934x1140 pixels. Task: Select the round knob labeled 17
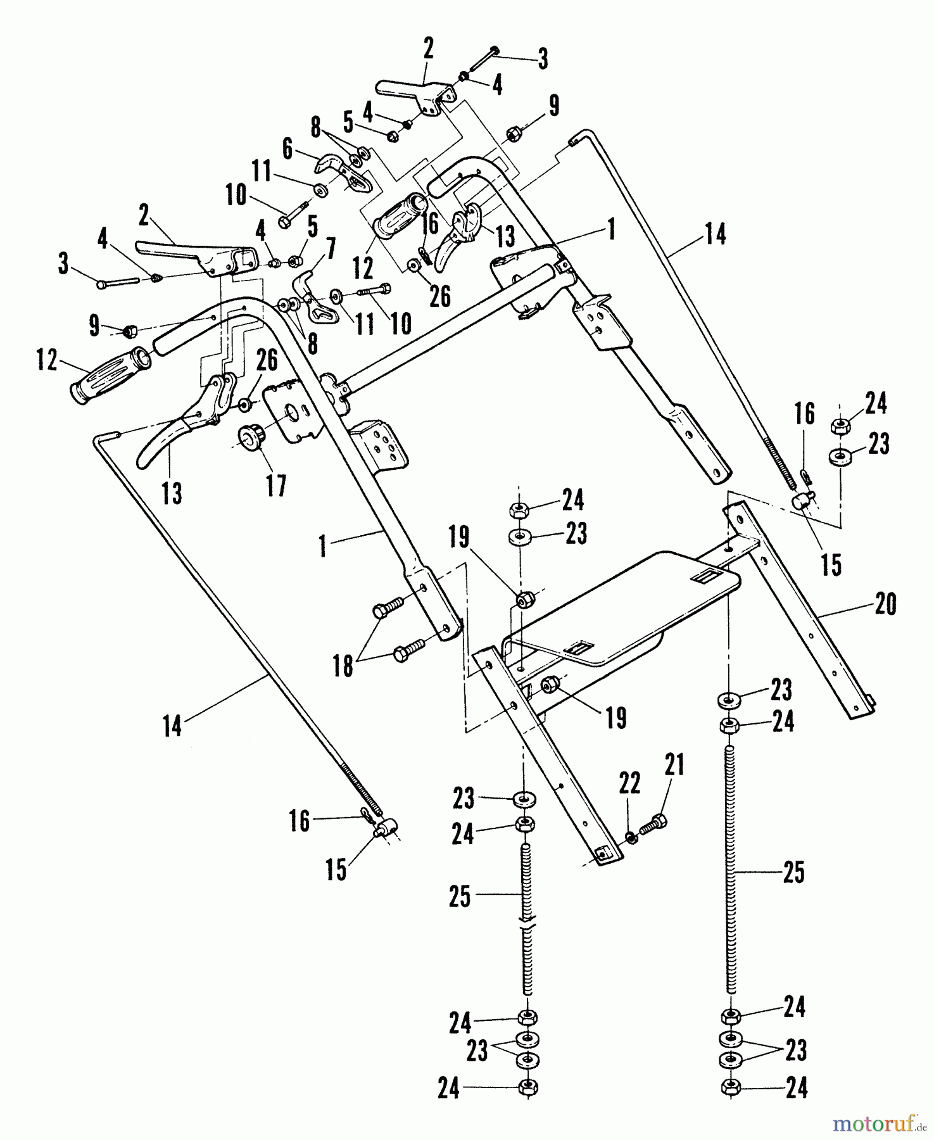[250, 438]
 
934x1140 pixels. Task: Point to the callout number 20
[885, 604]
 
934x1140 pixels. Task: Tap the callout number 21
[674, 766]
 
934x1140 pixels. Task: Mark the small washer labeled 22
[630, 838]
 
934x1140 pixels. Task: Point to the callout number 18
[344, 666]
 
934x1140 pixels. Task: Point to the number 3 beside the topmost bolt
[543, 59]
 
